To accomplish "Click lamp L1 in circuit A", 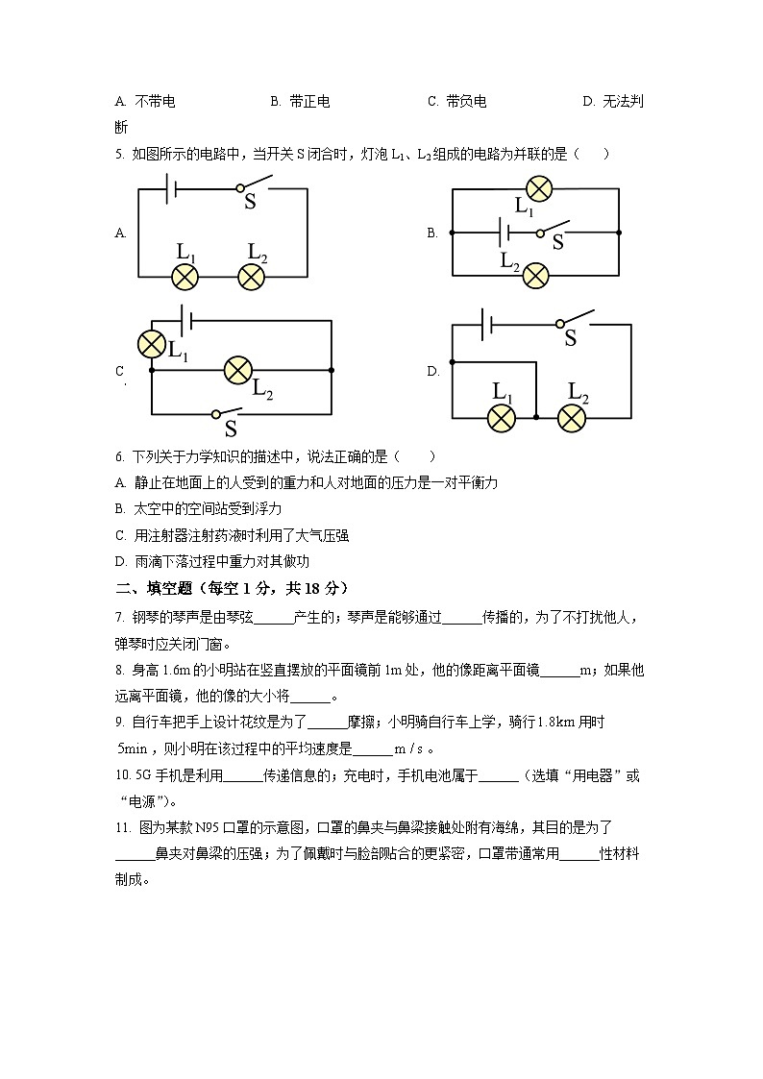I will (185, 278).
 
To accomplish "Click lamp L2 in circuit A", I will (252, 278).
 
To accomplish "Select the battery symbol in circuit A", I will (169, 189).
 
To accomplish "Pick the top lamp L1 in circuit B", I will (538, 188).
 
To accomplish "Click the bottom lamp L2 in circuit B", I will (535, 277).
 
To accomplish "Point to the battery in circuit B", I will (502, 233).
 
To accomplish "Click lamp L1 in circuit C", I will (151, 343).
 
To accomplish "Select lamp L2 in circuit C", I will (236, 369).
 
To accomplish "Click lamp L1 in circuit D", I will (501, 417).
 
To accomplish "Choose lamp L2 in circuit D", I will (573, 417).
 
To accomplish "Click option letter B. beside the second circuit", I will (432, 233).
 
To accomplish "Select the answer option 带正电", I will (308, 102).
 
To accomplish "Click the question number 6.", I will (118, 456).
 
